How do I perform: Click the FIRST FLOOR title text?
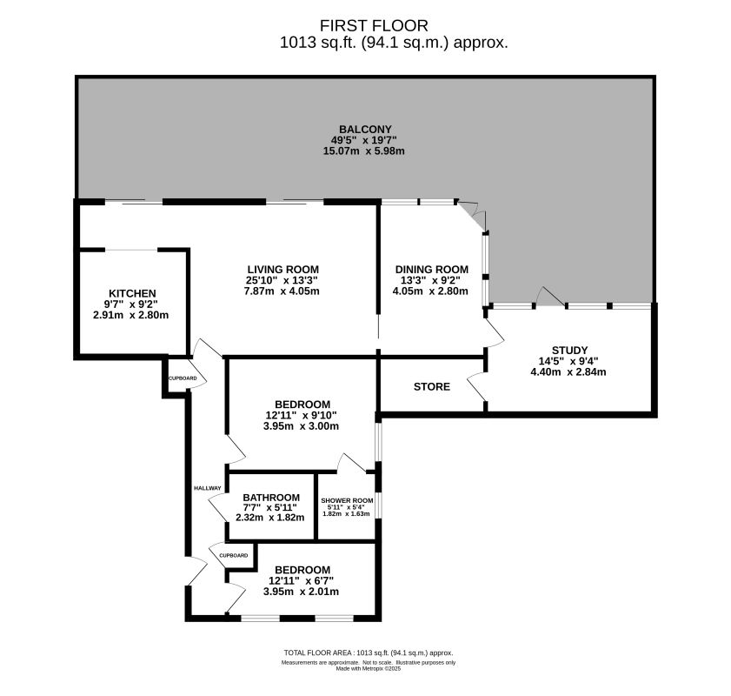point(366,25)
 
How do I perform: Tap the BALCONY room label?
point(366,130)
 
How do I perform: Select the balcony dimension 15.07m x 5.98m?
point(366,151)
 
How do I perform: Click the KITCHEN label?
point(132,293)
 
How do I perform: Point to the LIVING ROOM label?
point(282,269)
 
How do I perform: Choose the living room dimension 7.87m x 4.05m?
point(282,291)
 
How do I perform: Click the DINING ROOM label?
point(431,269)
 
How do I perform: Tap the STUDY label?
point(570,351)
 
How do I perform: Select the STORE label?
point(432,386)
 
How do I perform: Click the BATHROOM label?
point(270,498)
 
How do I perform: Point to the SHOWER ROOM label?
point(347,500)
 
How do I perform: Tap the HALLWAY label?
point(207,488)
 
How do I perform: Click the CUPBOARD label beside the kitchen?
point(183,378)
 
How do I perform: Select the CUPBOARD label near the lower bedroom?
point(233,555)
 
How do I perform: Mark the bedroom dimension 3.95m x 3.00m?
point(302,425)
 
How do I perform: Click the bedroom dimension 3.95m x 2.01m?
point(302,591)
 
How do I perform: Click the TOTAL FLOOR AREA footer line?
point(369,652)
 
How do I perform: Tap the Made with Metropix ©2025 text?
point(369,668)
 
